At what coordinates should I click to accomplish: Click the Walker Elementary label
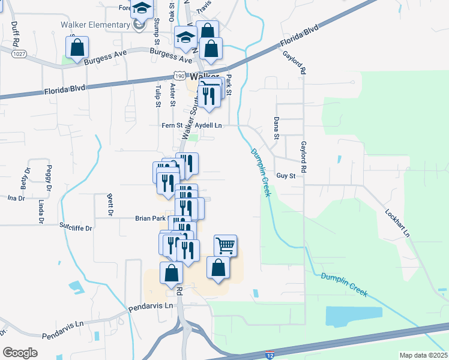click(x=95, y=25)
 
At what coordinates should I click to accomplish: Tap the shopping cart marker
click(x=225, y=245)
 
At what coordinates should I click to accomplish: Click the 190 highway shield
click(x=179, y=76)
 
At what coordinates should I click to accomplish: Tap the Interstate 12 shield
click(x=271, y=355)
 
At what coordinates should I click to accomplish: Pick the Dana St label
click(x=277, y=127)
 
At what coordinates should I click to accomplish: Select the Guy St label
click(x=286, y=176)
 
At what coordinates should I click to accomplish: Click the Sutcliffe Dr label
click(x=76, y=228)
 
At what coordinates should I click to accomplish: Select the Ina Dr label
click(x=16, y=197)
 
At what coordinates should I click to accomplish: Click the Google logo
click(x=20, y=352)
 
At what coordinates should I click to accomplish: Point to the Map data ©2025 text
click(x=423, y=355)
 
